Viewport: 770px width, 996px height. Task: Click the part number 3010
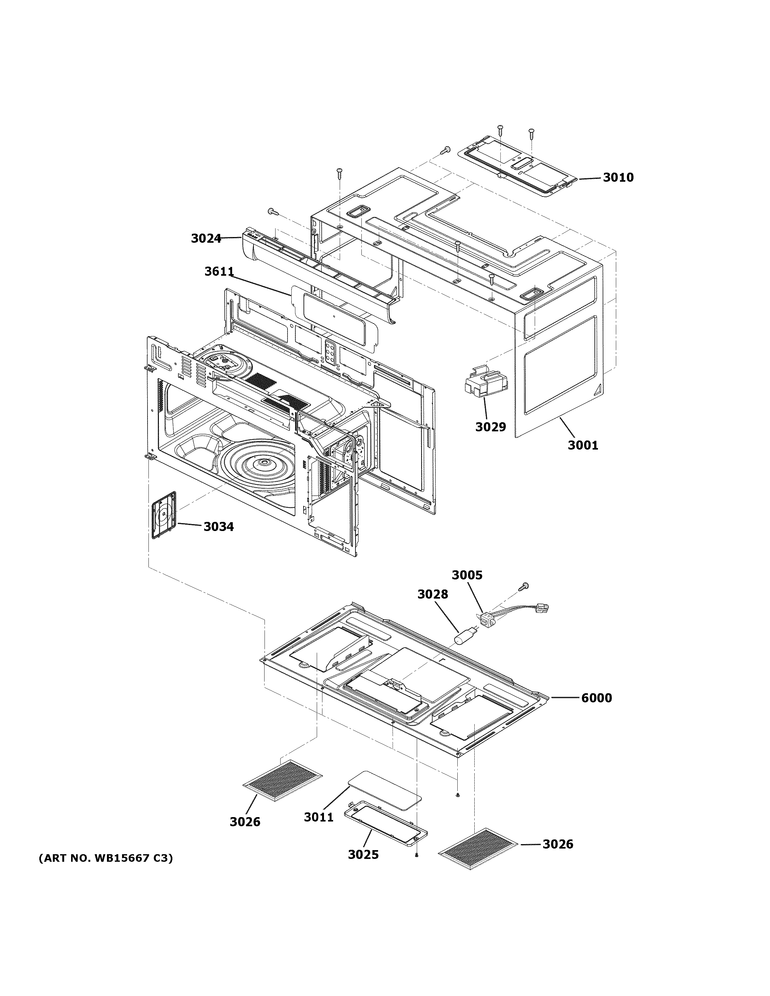(x=618, y=177)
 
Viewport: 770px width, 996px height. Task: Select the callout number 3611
(x=219, y=272)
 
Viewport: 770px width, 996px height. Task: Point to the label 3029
(x=490, y=427)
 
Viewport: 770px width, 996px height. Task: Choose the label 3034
(x=219, y=527)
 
